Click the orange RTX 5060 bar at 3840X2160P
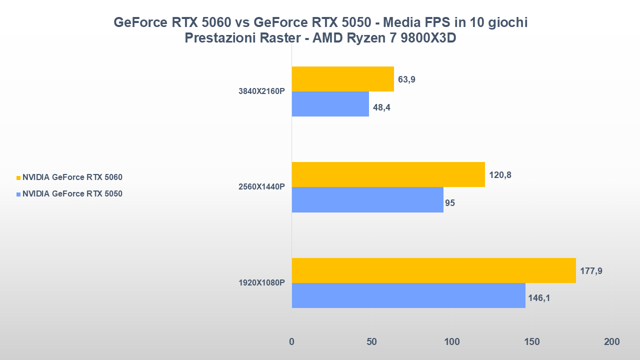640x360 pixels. click(x=342, y=79)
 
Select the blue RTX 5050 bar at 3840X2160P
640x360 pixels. click(x=330, y=104)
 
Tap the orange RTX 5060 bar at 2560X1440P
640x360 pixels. click(x=388, y=174)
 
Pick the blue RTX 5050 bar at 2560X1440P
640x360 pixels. click(x=367, y=199)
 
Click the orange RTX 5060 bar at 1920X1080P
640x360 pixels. click(x=433, y=270)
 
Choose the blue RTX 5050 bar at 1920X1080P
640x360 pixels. click(x=408, y=295)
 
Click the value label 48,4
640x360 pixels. click(x=381, y=107)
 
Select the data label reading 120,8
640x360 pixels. click(x=500, y=175)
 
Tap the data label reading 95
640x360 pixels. click(x=449, y=203)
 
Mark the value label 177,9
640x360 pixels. click(x=591, y=271)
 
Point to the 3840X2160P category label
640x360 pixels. click(x=261, y=91)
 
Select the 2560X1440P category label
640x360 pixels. click(x=261, y=187)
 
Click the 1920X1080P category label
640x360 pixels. click(x=261, y=282)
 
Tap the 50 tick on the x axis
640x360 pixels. click(x=371, y=342)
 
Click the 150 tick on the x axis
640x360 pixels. click(x=531, y=342)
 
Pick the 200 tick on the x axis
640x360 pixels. click(x=611, y=342)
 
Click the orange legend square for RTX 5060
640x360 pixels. click(x=18, y=177)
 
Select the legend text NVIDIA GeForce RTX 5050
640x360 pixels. click(x=72, y=194)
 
